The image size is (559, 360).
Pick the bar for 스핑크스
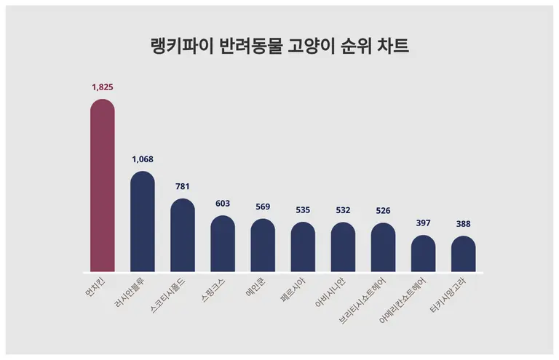[x=223, y=244]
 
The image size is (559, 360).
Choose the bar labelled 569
[x=263, y=245]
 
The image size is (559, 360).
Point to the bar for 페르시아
[x=303, y=247]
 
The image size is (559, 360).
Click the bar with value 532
[x=343, y=247]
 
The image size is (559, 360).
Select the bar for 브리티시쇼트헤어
[x=383, y=247]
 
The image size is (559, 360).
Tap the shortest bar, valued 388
[x=463, y=254]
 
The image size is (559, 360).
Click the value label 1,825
[x=102, y=87]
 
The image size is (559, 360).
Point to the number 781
[x=182, y=187]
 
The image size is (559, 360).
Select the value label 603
[x=223, y=204]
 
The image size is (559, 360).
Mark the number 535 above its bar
[x=303, y=210]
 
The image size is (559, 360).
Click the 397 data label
[x=423, y=223]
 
